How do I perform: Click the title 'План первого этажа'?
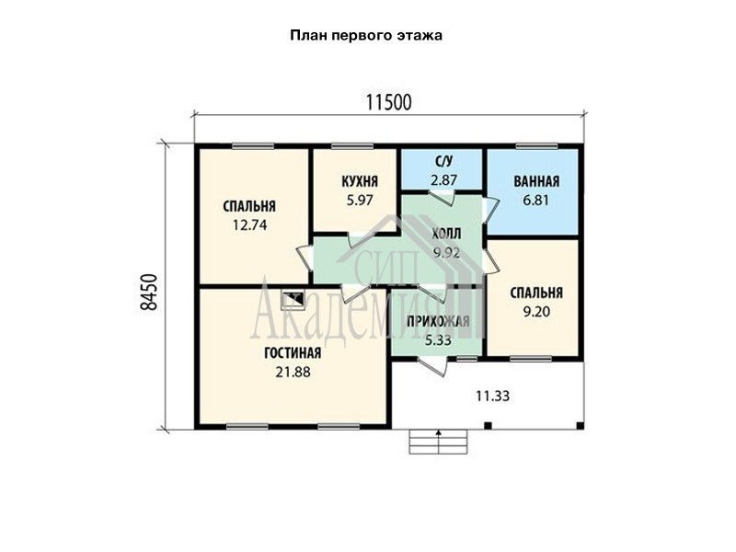(x=366, y=36)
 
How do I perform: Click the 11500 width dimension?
(x=388, y=102)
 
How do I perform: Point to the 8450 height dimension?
(x=149, y=292)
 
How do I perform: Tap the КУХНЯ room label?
(x=360, y=181)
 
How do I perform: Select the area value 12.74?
(x=249, y=225)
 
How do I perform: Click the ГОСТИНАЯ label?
(x=293, y=353)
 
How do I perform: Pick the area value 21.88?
(x=293, y=373)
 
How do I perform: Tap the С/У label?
(x=444, y=162)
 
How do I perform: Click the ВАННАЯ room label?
(x=536, y=181)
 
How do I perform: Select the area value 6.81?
(x=535, y=201)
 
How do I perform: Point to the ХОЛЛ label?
(x=446, y=234)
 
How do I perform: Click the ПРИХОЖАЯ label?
(x=438, y=321)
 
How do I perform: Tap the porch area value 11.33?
(x=492, y=397)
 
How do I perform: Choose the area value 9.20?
(x=536, y=312)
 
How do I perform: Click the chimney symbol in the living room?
(x=293, y=299)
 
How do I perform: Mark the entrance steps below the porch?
(x=439, y=442)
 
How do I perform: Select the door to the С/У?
(x=442, y=197)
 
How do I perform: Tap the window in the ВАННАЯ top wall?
(x=536, y=146)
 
